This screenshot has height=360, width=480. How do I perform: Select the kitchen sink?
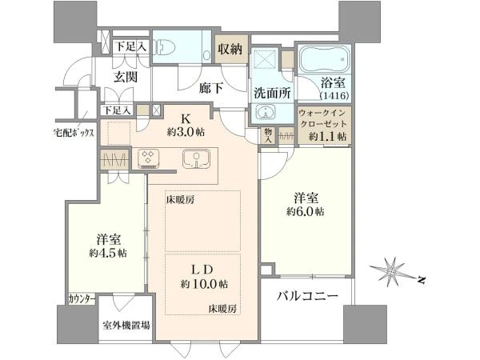194,158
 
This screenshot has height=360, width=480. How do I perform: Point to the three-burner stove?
150,158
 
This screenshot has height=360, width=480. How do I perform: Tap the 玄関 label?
126,77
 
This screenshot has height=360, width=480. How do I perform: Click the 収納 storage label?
232,49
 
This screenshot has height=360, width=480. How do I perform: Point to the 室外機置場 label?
126,326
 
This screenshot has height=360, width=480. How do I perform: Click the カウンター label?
82,298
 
